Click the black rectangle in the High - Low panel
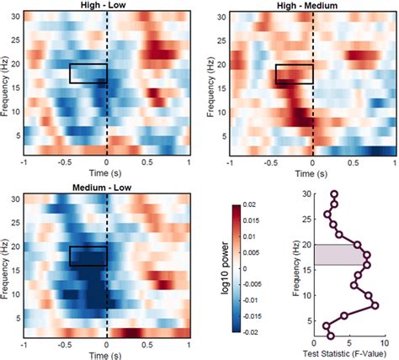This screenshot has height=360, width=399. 88,73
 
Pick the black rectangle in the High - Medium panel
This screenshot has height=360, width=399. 294,74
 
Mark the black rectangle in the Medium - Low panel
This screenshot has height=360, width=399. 88,256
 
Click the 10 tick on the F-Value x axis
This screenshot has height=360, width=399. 383,343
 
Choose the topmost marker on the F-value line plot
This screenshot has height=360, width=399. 334,195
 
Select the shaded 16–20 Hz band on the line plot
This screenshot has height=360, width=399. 337,254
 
